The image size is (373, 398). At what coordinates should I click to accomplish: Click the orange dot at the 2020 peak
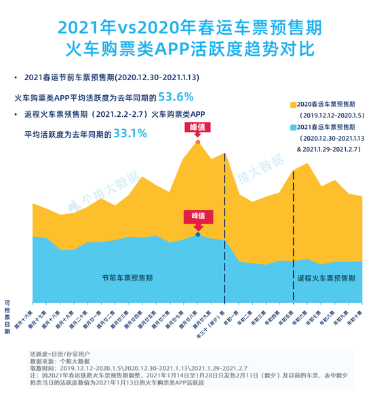[x=197, y=142]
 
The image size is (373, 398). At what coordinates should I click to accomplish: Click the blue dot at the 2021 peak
[x=197, y=234]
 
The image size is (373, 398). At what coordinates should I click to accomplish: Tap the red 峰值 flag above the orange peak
[x=197, y=128]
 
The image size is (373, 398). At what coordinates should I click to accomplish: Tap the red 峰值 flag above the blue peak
[x=197, y=216]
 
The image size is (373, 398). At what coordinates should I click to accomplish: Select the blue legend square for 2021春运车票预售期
[x=293, y=127]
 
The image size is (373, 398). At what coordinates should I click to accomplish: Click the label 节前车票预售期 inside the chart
[x=127, y=278]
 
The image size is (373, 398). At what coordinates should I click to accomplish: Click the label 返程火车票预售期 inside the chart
[x=326, y=278]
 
